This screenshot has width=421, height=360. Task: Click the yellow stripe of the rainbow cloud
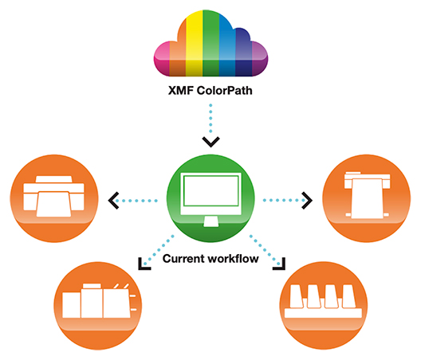pyautogui.click(x=194, y=45)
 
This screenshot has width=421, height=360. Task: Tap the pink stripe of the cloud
pyautogui.click(x=162, y=58)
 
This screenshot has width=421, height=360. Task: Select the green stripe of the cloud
pyautogui.click(x=210, y=43)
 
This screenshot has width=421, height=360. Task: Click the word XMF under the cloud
pyautogui.click(x=180, y=91)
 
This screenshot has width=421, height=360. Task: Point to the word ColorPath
pyautogui.click(x=225, y=91)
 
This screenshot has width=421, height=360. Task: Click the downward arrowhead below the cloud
pyautogui.click(x=211, y=142)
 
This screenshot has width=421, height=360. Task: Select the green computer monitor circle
pyautogui.click(x=210, y=198)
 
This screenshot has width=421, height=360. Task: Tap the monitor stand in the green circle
pyautogui.click(x=211, y=221)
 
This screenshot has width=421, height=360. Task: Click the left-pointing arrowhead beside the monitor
pyautogui.click(x=113, y=201)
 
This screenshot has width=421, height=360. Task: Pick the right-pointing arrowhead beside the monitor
pyautogui.click(x=307, y=201)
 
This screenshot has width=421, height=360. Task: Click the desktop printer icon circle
pyautogui.click(x=54, y=198)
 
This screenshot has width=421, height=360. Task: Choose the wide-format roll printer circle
pyautogui.click(x=367, y=198)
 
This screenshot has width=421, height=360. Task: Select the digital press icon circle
pyautogui.click(x=98, y=306)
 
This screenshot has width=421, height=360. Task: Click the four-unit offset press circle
pyautogui.click(x=324, y=306)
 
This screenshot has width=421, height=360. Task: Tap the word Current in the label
pyautogui.click(x=183, y=259)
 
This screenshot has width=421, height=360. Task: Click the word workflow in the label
pyautogui.click(x=234, y=259)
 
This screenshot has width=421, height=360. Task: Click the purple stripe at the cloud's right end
pyautogui.click(x=260, y=59)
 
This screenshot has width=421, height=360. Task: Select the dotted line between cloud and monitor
pyautogui.click(x=210, y=119)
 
